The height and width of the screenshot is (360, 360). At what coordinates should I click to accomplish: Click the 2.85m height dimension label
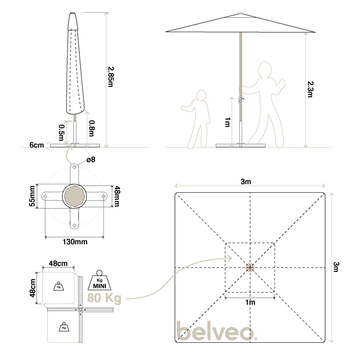point(111,77)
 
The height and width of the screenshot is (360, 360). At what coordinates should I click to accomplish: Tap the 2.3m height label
point(311,89)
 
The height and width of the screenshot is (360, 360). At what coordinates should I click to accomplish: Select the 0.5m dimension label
point(61,133)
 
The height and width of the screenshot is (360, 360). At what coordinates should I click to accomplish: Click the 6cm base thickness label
point(37,145)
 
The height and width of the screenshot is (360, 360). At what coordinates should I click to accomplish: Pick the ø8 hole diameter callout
point(91,159)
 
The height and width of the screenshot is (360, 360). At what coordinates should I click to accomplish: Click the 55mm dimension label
point(32,196)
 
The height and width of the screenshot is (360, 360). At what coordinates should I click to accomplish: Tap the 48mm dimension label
point(117,196)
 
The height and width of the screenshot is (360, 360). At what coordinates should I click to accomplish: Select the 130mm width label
point(75,242)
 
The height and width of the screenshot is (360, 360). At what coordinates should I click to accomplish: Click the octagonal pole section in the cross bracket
point(75,196)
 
